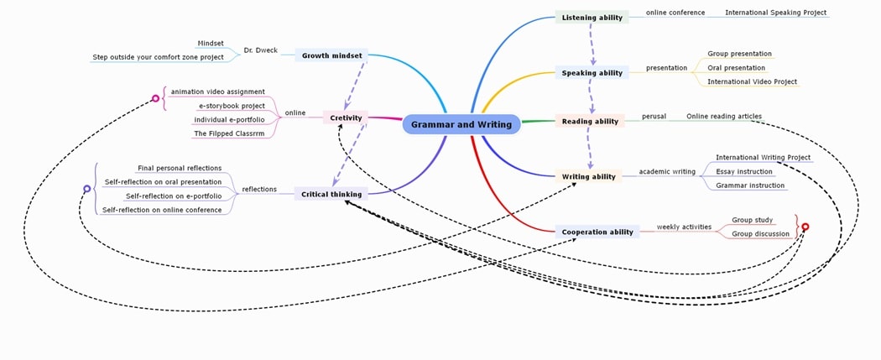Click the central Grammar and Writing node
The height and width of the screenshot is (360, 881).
pyautogui.click(x=461, y=124)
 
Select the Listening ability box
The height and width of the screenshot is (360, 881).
pyautogui.click(x=592, y=18)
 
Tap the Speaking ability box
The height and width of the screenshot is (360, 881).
pyautogui.click(x=592, y=73)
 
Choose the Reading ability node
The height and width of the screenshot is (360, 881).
pyautogui.click(x=590, y=121)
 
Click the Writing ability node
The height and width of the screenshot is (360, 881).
pyautogui.click(x=588, y=176)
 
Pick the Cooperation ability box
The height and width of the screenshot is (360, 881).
pyautogui.click(x=597, y=232)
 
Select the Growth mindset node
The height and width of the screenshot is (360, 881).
pyautogui.click(x=331, y=55)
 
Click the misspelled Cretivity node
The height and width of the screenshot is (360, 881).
pyautogui.click(x=346, y=117)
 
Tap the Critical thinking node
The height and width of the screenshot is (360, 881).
pyautogui.click(x=331, y=194)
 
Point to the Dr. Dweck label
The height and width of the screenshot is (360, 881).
pyautogui.click(x=260, y=50)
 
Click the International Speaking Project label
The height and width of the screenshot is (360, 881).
pyautogui.click(x=775, y=13)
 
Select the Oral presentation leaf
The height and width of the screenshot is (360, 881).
pyautogui.click(x=736, y=68)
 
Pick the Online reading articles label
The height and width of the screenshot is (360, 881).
pyautogui.click(x=723, y=117)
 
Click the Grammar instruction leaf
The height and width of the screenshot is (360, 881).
pyautogui.click(x=750, y=185)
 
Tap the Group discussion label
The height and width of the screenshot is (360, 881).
pyautogui.click(x=760, y=234)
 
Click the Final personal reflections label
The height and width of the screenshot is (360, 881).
pyautogui.click(x=180, y=168)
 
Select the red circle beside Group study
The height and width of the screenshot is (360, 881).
pyautogui.click(x=805, y=227)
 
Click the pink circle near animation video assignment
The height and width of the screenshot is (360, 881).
pyautogui.click(x=155, y=98)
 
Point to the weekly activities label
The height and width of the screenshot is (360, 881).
pyautogui.click(x=684, y=227)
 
